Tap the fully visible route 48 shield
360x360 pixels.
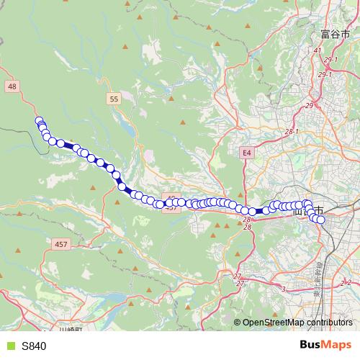coord(12,86)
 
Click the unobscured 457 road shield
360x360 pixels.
coord(60,244)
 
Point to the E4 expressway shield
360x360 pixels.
coord(246,153)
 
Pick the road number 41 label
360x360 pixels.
coord(317,50)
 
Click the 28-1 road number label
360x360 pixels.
coord(291,132)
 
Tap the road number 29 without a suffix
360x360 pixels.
coord(309,105)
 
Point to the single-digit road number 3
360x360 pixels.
coord(284,289)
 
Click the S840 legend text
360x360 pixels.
coord(34,346)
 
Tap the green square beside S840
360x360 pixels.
coord(9,346)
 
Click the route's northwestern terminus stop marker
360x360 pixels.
coord(39,121)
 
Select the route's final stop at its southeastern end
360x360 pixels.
coord(321,219)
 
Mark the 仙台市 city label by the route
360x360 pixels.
coord(308,210)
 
